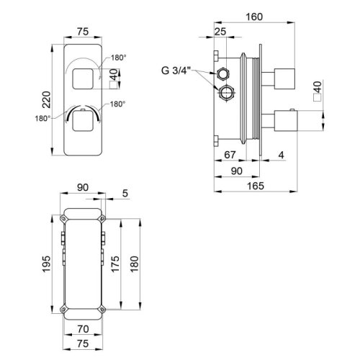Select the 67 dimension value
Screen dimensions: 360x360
pyautogui.click(x=230, y=155)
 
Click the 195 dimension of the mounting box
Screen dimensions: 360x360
pyautogui.click(x=44, y=265)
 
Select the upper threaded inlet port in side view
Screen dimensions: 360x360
pyautogui.click(x=222, y=74)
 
